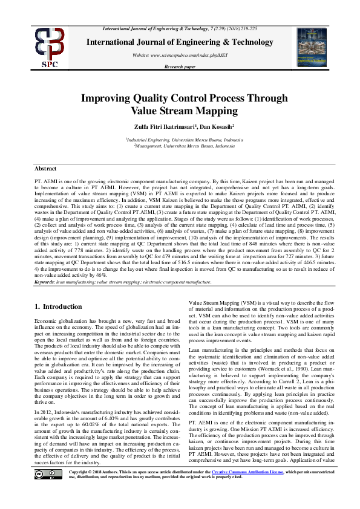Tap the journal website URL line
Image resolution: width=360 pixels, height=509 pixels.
tap(180, 55)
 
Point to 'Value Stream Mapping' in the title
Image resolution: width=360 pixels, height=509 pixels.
tap(180, 111)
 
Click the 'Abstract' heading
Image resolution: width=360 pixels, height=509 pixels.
tap(45, 169)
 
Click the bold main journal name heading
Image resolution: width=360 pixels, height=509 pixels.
tap(180, 42)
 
